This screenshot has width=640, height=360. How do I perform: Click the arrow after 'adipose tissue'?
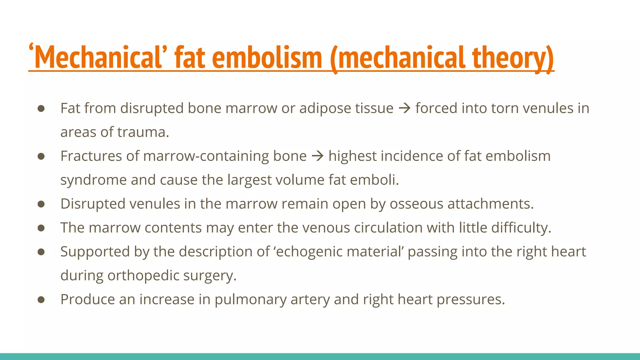[404, 108]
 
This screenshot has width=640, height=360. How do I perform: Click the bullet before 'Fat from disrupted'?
[41, 108]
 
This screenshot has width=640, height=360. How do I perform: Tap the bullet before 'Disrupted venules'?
[41, 204]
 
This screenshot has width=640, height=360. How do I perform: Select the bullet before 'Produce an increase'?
[41, 300]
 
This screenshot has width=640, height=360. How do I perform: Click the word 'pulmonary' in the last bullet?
[250, 300]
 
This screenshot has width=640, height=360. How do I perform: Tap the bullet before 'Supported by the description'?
[41, 252]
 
